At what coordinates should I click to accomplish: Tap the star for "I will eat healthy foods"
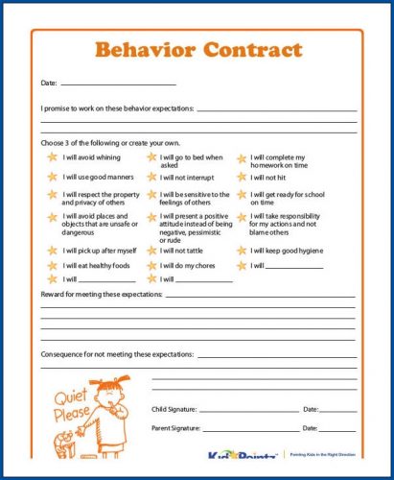pyautogui.click(x=52, y=265)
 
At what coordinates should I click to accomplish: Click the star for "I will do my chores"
pyautogui.click(x=151, y=265)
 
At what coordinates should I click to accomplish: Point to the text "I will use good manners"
pyautogui.click(x=97, y=178)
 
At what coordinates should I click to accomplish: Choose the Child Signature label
pyautogui.click(x=177, y=410)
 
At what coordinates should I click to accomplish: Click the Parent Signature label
pyautogui.click(x=177, y=428)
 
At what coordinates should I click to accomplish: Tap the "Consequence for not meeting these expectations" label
pyautogui.click(x=116, y=354)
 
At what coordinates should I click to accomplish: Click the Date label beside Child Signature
pyautogui.click(x=311, y=410)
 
